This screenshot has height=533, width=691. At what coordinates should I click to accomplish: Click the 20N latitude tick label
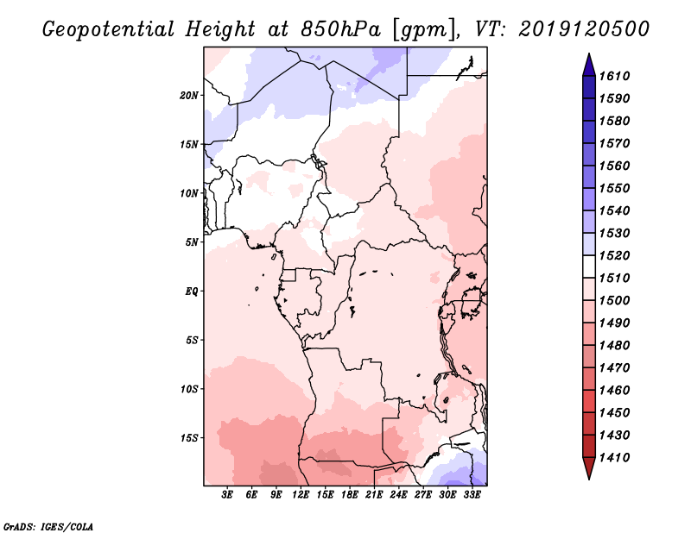click(189, 96)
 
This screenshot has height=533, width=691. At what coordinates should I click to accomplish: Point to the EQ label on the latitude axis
click(192, 292)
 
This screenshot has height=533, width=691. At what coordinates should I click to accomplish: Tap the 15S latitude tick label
click(189, 438)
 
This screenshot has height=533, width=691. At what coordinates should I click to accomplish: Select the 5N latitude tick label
click(192, 242)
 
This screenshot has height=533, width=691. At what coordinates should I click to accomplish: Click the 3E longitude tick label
click(227, 495)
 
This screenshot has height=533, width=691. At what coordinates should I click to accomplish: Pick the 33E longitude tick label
click(472, 495)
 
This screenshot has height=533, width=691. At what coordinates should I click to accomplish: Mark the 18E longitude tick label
click(350, 495)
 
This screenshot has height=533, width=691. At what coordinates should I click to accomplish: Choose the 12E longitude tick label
click(301, 495)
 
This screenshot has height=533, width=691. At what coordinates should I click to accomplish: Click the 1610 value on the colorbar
click(614, 76)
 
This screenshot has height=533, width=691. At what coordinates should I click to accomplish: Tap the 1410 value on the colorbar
click(614, 458)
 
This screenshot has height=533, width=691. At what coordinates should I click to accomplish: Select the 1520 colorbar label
click(614, 255)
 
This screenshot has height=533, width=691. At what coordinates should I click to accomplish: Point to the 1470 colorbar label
click(614, 368)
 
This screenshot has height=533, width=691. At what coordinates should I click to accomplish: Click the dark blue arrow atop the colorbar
click(589, 66)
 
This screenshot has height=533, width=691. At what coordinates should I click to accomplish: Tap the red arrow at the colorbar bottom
click(589, 467)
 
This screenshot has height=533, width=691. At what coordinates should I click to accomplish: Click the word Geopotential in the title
click(109, 29)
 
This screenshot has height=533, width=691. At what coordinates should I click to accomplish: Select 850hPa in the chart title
click(340, 29)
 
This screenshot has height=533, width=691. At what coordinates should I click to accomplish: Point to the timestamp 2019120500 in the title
click(584, 28)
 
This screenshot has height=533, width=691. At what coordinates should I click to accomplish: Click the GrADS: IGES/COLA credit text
click(48, 526)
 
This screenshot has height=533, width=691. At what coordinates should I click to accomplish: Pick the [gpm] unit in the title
click(423, 30)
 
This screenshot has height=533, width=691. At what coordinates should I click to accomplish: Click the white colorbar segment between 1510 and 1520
click(589, 266)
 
